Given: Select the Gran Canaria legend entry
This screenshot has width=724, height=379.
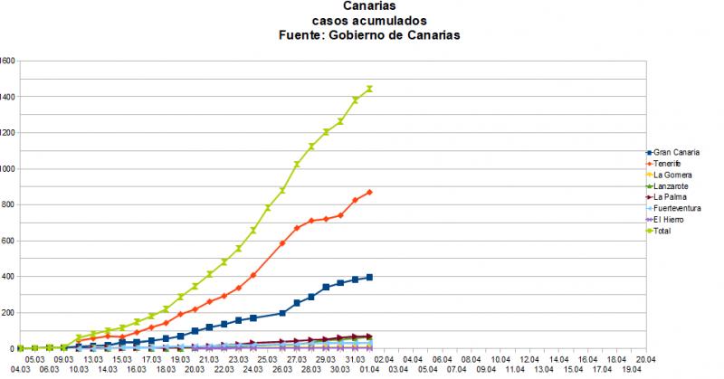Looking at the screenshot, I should [676, 151].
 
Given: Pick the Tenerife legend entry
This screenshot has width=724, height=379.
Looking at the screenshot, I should [669, 162].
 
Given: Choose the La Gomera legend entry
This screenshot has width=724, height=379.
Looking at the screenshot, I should [672, 174].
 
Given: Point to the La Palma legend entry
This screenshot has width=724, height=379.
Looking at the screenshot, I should [670, 196].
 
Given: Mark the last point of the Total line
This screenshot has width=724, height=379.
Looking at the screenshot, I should [369, 89].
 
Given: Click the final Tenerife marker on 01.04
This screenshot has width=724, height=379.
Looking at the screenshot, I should [369, 192].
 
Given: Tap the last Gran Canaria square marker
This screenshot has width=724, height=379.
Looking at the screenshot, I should [369, 277].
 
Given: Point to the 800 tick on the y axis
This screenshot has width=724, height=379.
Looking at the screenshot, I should [8, 204].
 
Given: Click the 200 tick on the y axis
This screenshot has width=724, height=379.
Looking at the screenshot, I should [8, 313].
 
